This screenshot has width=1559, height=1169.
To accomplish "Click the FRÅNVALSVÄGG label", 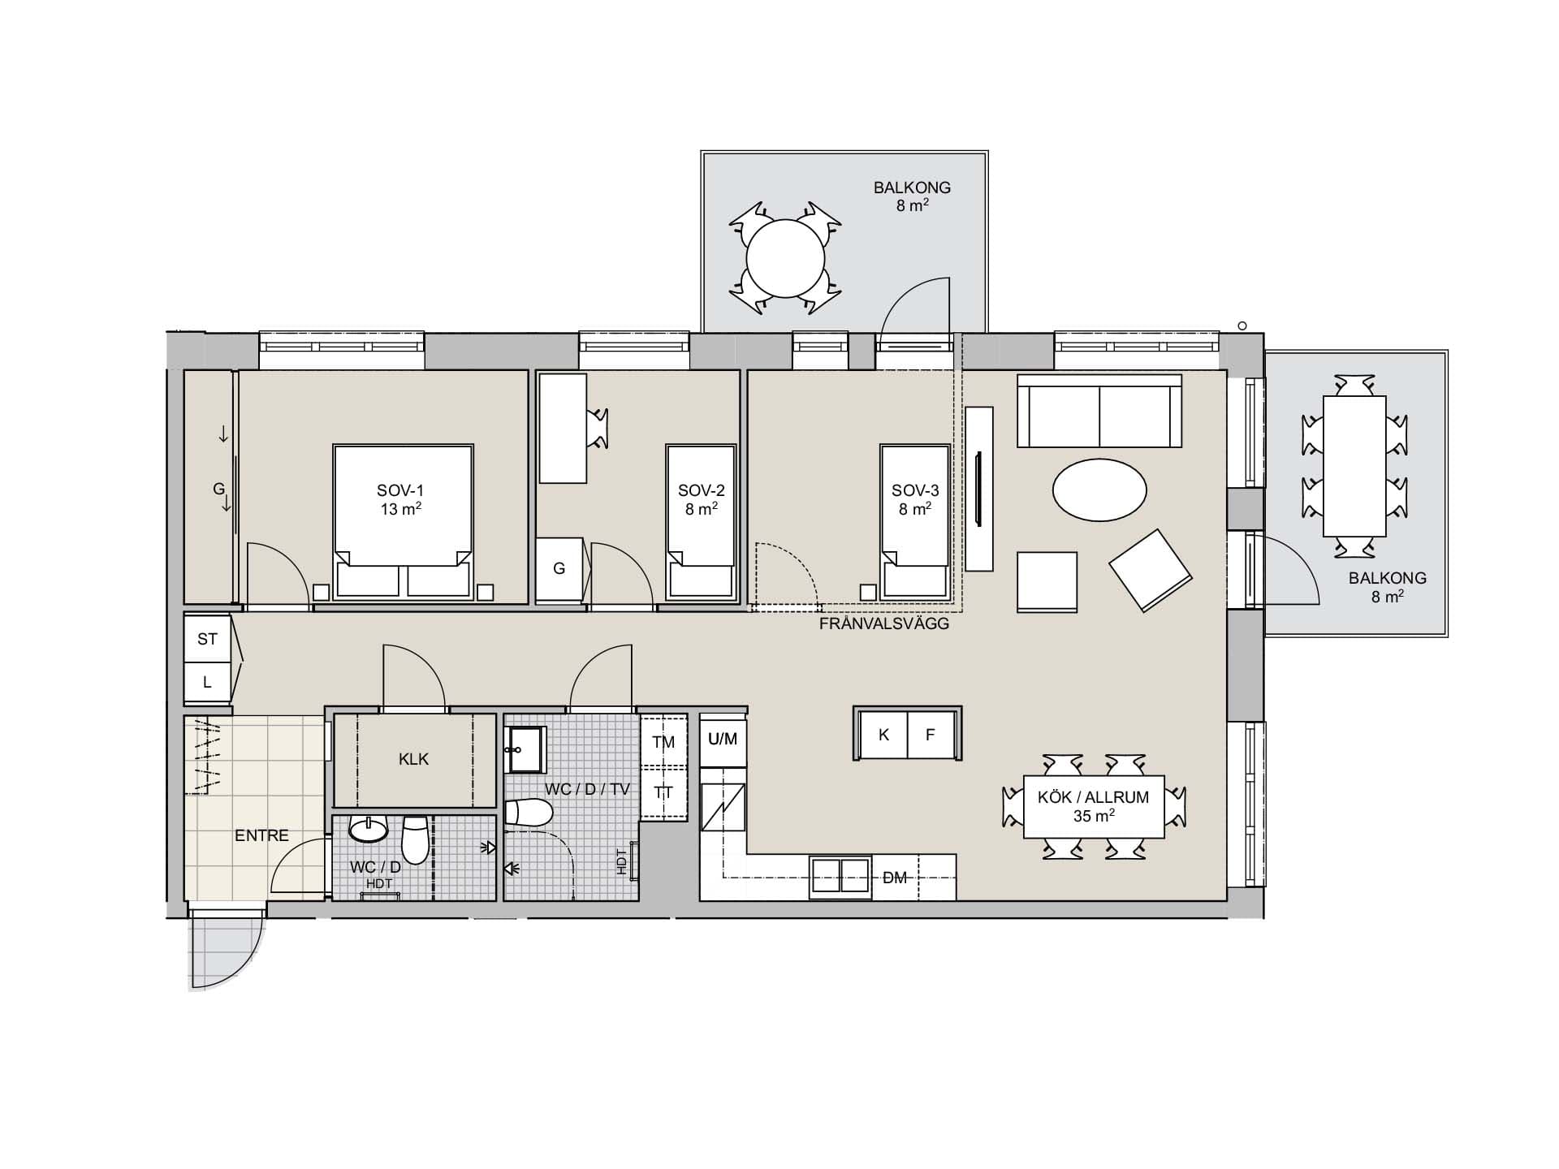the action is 883,624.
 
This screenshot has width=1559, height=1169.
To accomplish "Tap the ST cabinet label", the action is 207,639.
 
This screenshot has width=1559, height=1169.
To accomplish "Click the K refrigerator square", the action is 883,735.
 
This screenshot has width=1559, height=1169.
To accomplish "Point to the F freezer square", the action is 931,735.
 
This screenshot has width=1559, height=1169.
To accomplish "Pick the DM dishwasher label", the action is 894,878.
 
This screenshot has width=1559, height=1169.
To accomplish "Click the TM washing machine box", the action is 663,740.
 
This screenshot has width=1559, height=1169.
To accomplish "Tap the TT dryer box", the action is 663,792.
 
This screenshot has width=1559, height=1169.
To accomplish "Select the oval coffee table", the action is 1099,490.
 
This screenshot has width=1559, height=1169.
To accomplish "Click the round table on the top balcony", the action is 785,258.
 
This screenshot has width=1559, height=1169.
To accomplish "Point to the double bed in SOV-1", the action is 403,521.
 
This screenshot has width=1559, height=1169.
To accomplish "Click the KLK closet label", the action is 413,760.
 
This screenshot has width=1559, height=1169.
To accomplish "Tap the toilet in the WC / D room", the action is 415,839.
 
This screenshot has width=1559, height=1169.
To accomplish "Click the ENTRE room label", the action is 261,835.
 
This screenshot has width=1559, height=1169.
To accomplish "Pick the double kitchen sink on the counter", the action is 840,878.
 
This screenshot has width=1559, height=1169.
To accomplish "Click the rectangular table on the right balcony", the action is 1354,466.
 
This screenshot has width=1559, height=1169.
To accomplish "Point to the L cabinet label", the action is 207,683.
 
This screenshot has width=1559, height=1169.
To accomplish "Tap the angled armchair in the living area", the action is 1150,570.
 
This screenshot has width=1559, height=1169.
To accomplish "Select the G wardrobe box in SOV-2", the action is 560,569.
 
